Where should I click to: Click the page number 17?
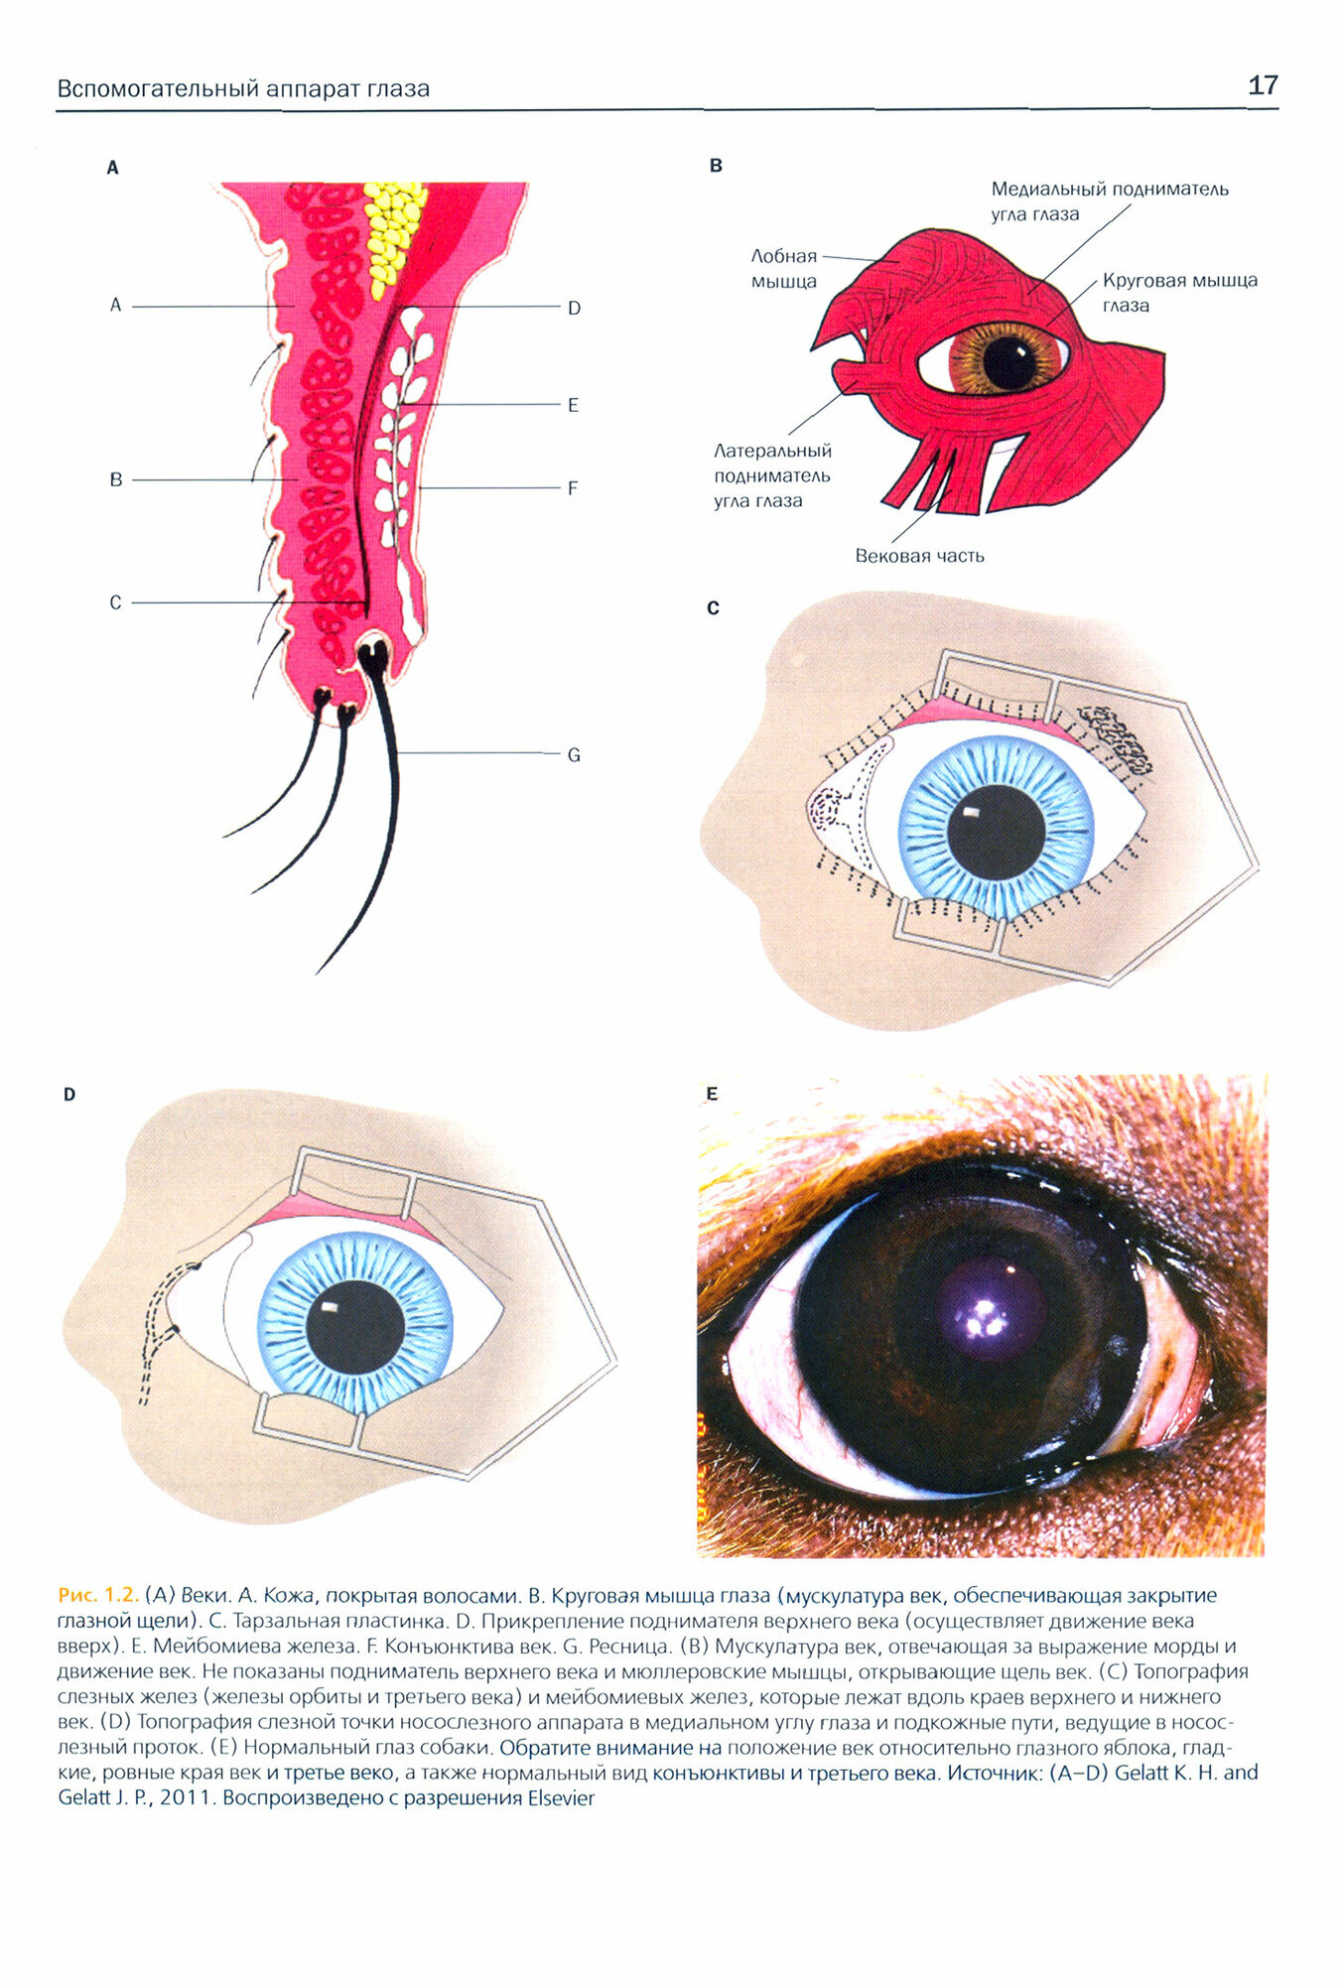(x=1262, y=85)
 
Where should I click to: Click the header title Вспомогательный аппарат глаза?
(x=243, y=89)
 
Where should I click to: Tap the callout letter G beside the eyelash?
(x=573, y=755)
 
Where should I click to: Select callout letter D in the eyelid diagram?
(x=574, y=309)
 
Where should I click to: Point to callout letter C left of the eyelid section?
(x=115, y=602)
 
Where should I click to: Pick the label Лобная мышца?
(x=783, y=269)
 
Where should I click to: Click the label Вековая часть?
(x=919, y=556)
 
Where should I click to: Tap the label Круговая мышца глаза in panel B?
(x=1178, y=292)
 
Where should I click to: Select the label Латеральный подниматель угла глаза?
(x=771, y=476)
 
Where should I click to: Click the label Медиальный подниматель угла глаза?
(x=1109, y=200)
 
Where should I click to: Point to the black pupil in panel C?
(x=995, y=832)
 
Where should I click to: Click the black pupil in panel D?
(x=354, y=1326)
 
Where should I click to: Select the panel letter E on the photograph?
(x=711, y=1094)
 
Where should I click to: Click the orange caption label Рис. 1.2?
(x=97, y=1596)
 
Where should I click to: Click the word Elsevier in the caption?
(x=560, y=1799)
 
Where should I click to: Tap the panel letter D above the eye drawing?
(x=69, y=1095)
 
